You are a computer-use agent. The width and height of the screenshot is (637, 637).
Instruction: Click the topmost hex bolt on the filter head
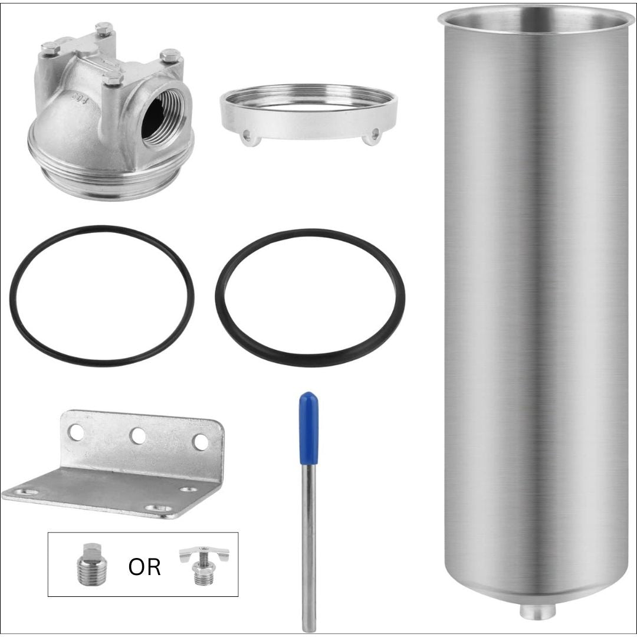[104, 28]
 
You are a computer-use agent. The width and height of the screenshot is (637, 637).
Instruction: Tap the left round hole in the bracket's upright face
[76, 432]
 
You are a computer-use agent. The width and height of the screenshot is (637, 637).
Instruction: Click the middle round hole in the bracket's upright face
[139, 436]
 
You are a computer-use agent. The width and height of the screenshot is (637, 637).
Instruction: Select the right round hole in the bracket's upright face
[201, 442]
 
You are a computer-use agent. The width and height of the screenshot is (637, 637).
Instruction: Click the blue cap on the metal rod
[308, 428]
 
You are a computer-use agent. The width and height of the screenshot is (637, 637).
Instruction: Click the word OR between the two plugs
[145, 567]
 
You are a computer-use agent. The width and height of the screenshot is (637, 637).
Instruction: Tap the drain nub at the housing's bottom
[537, 612]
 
